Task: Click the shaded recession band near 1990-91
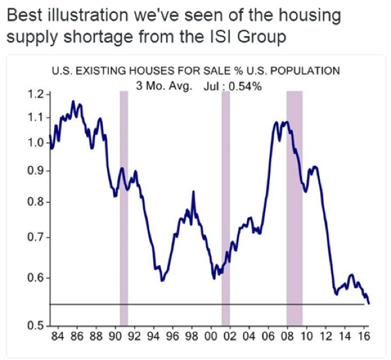pyautogui.click(x=123, y=208)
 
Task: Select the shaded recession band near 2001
pyautogui.click(x=225, y=208)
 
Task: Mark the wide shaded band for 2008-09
pyautogui.click(x=295, y=208)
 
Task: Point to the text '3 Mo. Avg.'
pyautogui.click(x=160, y=85)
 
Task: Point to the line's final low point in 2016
pyautogui.click(x=369, y=303)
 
